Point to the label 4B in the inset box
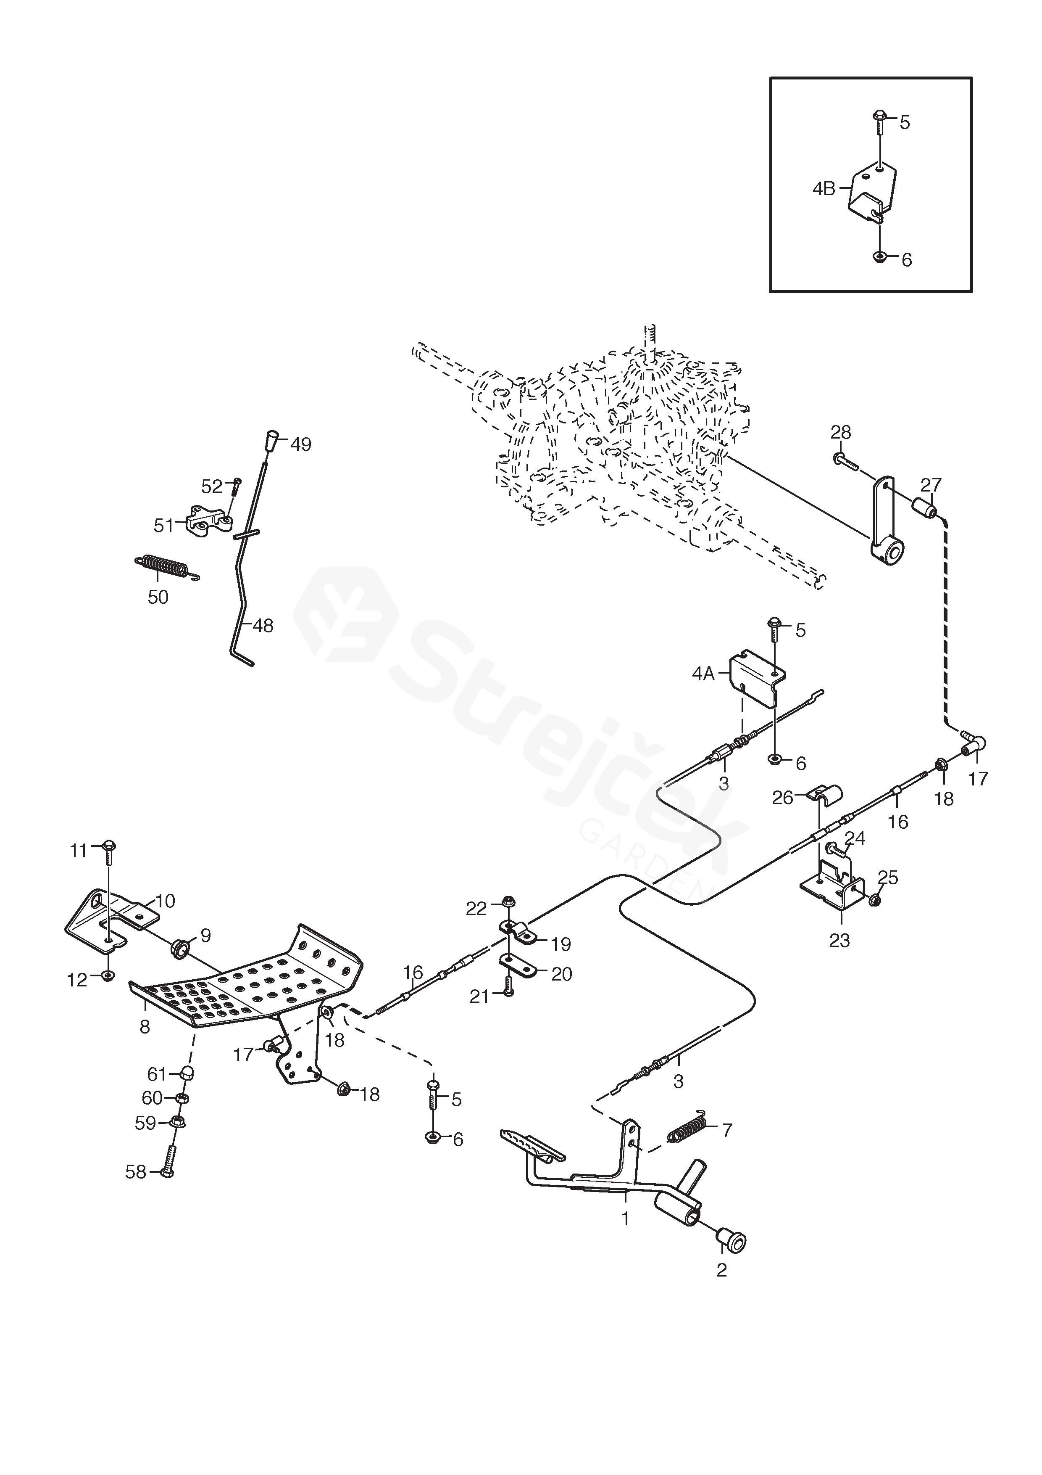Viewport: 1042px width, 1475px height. [x=824, y=189]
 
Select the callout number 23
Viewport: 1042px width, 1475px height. [x=840, y=941]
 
